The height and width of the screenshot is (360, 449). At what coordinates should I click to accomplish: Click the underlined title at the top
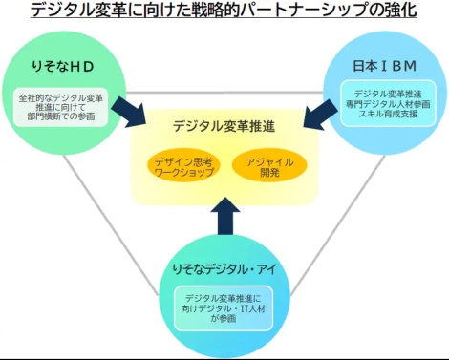(224, 10)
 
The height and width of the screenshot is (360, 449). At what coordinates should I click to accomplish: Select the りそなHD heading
(63, 67)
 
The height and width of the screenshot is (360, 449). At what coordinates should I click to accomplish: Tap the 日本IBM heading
(385, 66)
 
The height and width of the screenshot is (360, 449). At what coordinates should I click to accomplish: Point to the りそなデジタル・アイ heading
(224, 269)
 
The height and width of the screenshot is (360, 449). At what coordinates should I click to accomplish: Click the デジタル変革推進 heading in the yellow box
(224, 126)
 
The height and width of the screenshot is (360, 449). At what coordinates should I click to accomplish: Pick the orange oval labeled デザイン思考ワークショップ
(184, 166)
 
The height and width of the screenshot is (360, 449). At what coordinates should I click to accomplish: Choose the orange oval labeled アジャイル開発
(269, 166)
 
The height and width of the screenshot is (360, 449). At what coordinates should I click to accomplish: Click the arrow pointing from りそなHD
(128, 112)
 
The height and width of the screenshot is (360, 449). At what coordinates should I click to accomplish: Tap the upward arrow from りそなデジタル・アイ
(225, 216)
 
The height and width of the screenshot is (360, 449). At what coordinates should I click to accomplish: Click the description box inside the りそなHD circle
(61, 107)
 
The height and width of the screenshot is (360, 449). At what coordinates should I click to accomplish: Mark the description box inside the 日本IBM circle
(388, 103)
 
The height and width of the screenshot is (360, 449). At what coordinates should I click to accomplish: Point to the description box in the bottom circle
(224, 308)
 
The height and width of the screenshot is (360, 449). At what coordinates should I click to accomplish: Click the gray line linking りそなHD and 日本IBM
(224, 93)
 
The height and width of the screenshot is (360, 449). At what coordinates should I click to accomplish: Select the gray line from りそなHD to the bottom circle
(111, 225)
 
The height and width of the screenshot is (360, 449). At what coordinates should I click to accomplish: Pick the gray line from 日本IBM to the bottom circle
(338, 224)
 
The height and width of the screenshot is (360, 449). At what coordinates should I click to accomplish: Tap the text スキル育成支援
(388, 114)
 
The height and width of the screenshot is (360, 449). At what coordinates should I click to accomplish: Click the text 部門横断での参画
(61, 116)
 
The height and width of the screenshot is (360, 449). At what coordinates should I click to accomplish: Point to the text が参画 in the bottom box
(224, 318)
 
